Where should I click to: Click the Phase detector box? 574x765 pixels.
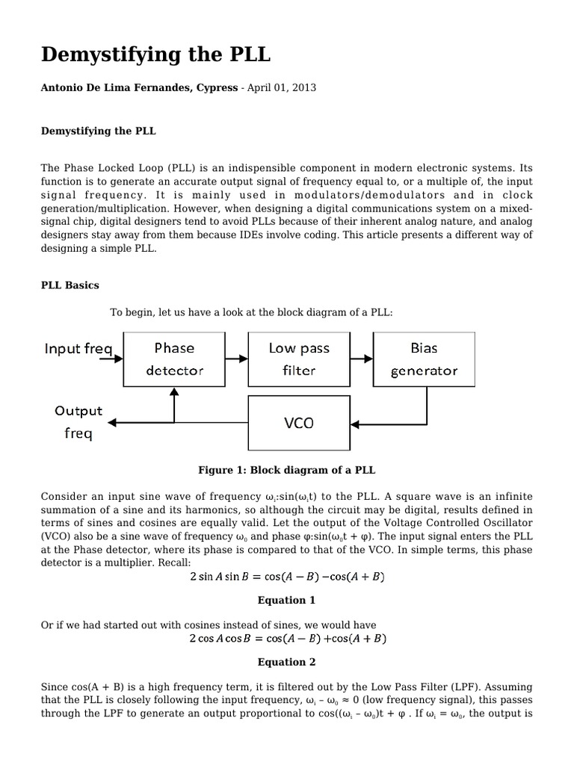coord(173,359)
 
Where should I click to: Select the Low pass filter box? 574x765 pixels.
coord(298,359)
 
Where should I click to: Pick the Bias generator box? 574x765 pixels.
coord(424,359)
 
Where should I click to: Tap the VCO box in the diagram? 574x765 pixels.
coord(298,423)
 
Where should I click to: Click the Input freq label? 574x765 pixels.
coord(78,349)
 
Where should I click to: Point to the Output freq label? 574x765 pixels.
coord(78,422)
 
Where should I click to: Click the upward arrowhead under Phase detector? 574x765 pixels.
coord(174,391)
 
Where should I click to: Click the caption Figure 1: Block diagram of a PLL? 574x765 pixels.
coord(286,470)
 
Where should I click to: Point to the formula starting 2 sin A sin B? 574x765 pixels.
coord(286,577)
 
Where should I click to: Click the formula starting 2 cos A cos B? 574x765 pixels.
coord(286,639)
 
